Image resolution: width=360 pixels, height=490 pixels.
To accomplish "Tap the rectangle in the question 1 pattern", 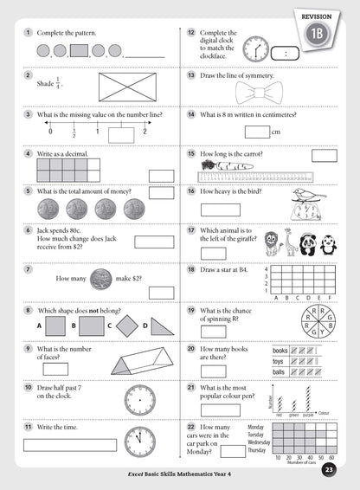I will (x=80, y=51).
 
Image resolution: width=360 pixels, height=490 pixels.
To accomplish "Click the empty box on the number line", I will (x=121, y=134).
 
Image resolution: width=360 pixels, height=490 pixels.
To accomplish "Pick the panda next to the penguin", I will (x=306, y=244).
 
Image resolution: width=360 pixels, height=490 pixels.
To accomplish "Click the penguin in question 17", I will (x=328, y=245).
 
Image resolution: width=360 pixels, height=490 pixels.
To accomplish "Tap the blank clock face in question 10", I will (x=138, y=400).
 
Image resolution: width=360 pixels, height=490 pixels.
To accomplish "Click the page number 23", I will (x=329, y=470).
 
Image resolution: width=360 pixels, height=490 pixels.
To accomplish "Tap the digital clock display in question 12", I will (x=286, y=52).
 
